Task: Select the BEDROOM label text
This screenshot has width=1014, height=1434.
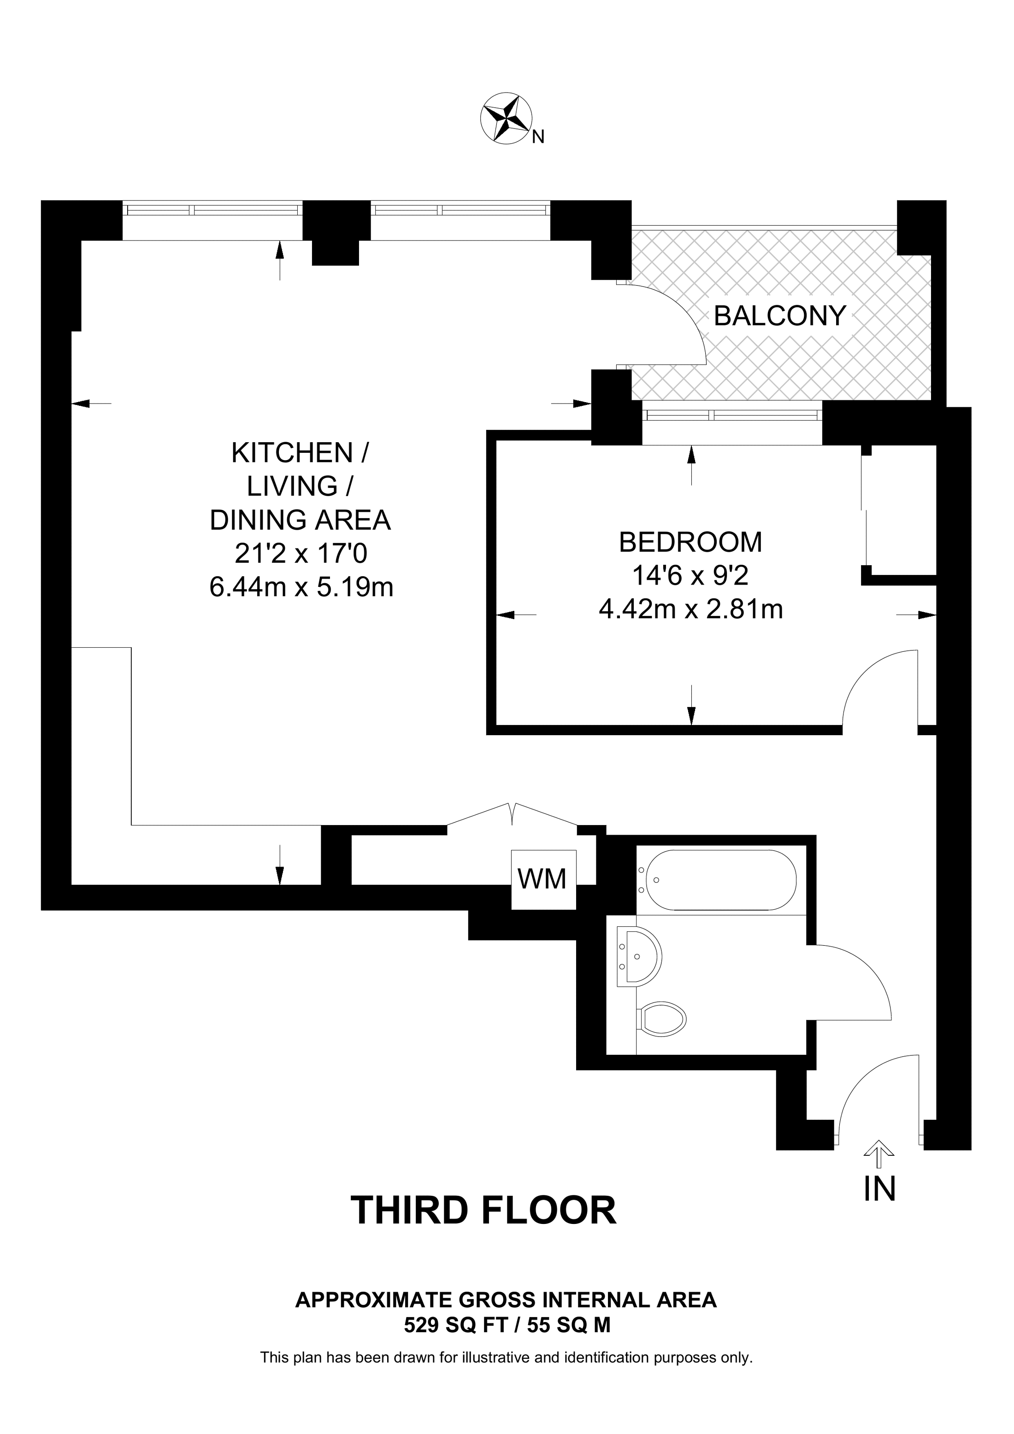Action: (690, 542)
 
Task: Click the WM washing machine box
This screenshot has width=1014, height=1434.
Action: (543, 879)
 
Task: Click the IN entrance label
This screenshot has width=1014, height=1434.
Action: (880, 1189)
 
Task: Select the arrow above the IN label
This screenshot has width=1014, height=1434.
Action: (880, 1153)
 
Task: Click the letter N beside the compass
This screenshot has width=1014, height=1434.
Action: (538, 137)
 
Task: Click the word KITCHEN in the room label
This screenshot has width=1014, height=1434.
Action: (291, 453)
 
